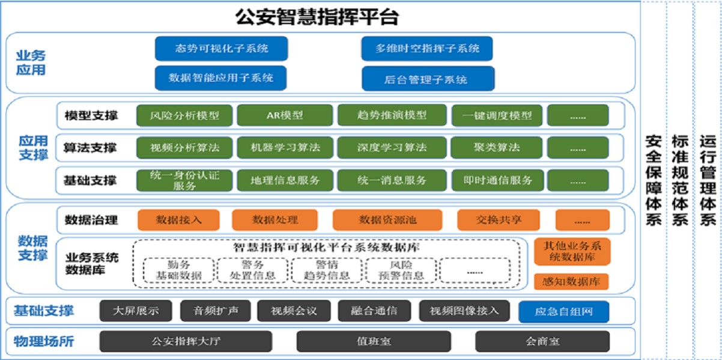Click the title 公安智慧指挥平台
(317, 16)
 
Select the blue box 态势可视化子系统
(222, 49)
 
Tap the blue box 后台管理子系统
(428, 79)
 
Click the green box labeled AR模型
(285, 115)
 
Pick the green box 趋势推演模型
(392, 115)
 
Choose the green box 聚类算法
(496, 147)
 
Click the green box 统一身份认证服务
(184, 180)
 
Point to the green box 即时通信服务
(498, 180)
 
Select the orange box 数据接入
(178, 220)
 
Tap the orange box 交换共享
(499, 220)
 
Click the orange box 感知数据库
(571, 282)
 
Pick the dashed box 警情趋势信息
(327, 270)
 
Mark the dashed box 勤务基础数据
(178, 270)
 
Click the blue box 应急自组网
(564, 311)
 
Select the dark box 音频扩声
(215, 311)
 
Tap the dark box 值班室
(374, 341)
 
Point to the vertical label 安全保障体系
(654, 181)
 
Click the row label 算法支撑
(90, 148)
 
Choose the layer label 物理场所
(44, 341)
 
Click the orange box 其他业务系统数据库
(572, 252)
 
